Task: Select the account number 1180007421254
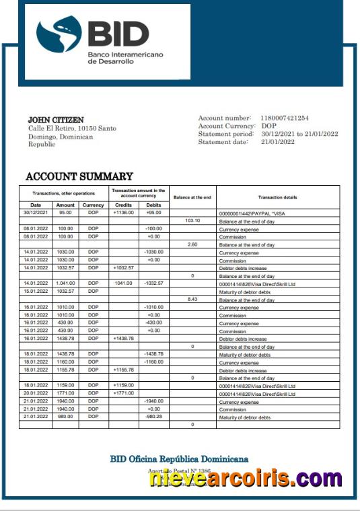pyautogui.click(x=285, y=118)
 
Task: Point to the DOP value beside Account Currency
pyautogui.click(x=268, y=126)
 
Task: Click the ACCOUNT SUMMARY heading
pyautogui.click(x=69, y=176)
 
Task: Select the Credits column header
pyautogui.click(x=124, y=205)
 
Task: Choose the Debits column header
pyautogui.click(x=153, y=205)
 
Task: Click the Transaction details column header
pyautogui.click(x=277, y=197)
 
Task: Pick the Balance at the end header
pyautogui.click(x=192, y=197)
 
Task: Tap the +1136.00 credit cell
pyautogui.click(x=124, y=213)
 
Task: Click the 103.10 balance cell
pyautogui.click(x=192, y=221)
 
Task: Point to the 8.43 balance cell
pyautogui.click(x=192, y=300)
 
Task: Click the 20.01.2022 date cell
pyautogui.click(x=36, y=394)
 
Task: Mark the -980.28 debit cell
pyautogui.click(x=153, y=417)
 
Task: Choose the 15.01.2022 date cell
pyautogui.click(x=36, y=292)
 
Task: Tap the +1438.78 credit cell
pyautogui.click(x=124, y=339)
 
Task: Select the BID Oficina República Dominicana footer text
pyautogui.click(x=179, y=459)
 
